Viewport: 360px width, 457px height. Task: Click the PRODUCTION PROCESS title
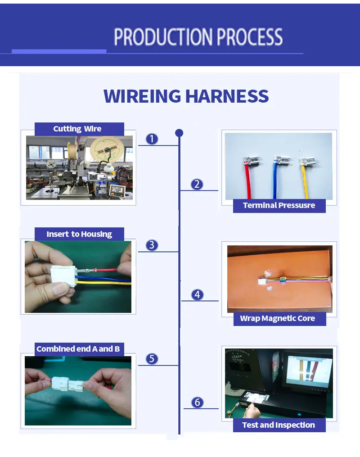pyautogui.click(x=198, y=37)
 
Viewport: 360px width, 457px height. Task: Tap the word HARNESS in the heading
pyautogui.click(x=227, y=96)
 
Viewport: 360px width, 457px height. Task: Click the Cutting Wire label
pyautogui.click(x=77, y=129)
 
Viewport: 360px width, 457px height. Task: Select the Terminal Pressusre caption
pyautogui.click(x=279, y=205)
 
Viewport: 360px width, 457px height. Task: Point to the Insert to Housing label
pyautogui.click(x=79, y=234)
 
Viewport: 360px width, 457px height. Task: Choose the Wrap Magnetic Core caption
pyautogui.click(x=277, y=318)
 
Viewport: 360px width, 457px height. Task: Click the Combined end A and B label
pyautogui.click(x=78, y=349)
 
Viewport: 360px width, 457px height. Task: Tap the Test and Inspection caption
pyautogui.click(x=279, y=425)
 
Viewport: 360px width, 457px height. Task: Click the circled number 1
pyautogui.click(x=152, y=139)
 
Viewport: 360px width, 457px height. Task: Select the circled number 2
pyautogui.click(x=197, y=184)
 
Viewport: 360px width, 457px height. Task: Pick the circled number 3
pyautogui.click(x=152, y=245)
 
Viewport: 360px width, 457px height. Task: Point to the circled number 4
pyautogui.click(x=197, y=294)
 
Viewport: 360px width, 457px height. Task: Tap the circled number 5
pyautogui.click(x=152, y=358)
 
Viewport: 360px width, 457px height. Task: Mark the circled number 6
pyautogui.click(x=197, y=402)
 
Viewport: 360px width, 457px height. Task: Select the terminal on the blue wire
pyautogui.click(x=281, y=160)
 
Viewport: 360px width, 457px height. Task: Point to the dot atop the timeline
pyautogui.click(x=179, y=133)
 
